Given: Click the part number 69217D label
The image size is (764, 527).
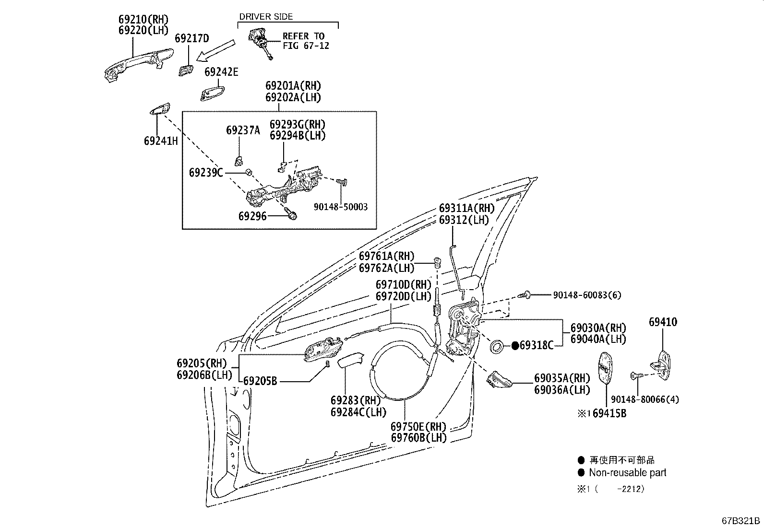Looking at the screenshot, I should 191,38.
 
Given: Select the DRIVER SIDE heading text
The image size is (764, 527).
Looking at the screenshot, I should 265,17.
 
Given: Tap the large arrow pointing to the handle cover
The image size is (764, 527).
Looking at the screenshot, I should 217,51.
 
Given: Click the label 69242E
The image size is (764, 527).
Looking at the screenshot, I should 221,72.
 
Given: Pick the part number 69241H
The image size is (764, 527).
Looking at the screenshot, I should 161,141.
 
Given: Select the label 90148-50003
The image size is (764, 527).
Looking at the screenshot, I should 340,207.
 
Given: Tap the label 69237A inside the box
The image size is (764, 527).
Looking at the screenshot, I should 243,130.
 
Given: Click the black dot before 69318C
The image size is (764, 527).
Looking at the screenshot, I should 514,345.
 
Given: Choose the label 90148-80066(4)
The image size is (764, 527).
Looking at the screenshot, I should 645,399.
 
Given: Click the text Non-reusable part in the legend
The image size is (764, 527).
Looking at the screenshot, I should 627,473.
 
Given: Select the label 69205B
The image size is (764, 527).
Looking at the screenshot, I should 260,381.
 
